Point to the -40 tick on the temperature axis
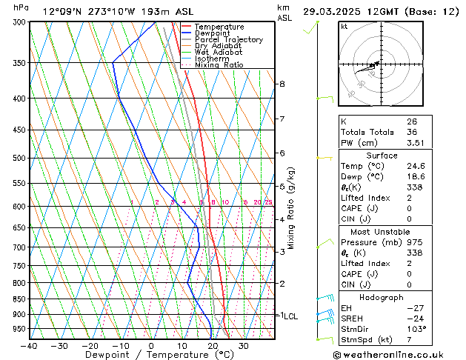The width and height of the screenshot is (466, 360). (x=30, y=345)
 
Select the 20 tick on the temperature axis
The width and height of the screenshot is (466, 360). (x=212, y=345)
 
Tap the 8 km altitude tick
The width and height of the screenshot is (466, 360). (x=282, y=84)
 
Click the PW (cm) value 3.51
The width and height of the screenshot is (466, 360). (x=415, y=143)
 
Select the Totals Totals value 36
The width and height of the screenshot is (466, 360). (x=412, y=132)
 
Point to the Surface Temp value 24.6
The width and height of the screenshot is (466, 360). (x=415, y=167)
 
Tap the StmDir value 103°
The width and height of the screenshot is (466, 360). (x=416, y=329)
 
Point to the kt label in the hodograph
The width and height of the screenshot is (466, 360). (x=344, y=26)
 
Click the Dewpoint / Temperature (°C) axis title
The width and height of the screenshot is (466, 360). (x=151, y=356)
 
